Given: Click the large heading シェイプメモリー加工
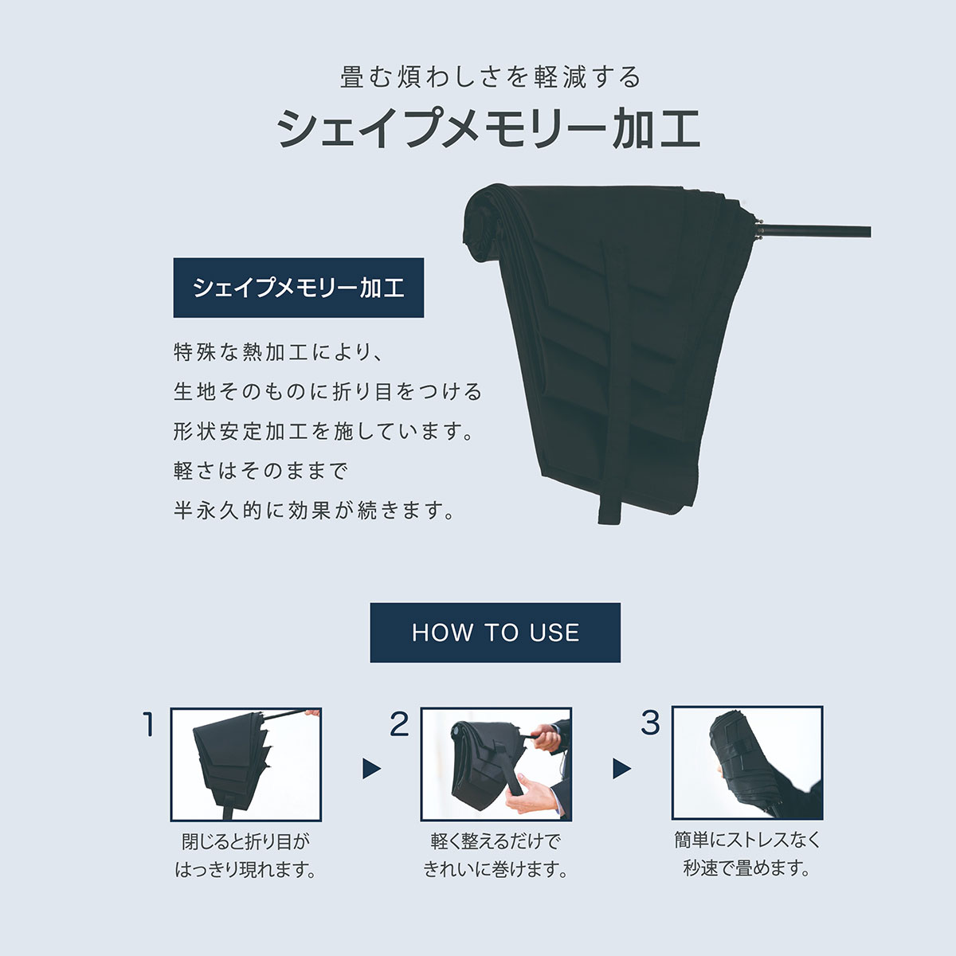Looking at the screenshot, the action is click(488, 128).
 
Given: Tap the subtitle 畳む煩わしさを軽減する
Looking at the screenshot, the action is click(490, 77).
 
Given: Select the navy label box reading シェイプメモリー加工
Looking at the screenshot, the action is click(298, 288).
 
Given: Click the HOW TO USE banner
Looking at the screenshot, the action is click(495, 633).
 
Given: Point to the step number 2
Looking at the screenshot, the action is click(399, 724).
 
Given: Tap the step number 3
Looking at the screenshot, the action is click(650, 723).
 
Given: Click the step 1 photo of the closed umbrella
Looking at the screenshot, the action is click(245, 765).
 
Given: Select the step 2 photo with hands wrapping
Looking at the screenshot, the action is click(496, 764).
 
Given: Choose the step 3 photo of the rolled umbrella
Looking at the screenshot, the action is click(747, 763).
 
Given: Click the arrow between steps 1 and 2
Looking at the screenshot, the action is click(371, 769).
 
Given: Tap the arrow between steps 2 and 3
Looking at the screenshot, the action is click(621, 769).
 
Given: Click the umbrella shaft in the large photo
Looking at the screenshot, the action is click(813, 232).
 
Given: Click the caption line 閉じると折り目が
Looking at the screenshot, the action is click(245, 841).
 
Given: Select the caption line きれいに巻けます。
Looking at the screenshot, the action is click(496, 869).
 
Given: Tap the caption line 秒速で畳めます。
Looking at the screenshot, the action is click(746, 868).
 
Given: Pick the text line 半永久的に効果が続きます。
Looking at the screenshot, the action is click(314, 510).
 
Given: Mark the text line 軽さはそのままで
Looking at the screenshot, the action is click(261, 471).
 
